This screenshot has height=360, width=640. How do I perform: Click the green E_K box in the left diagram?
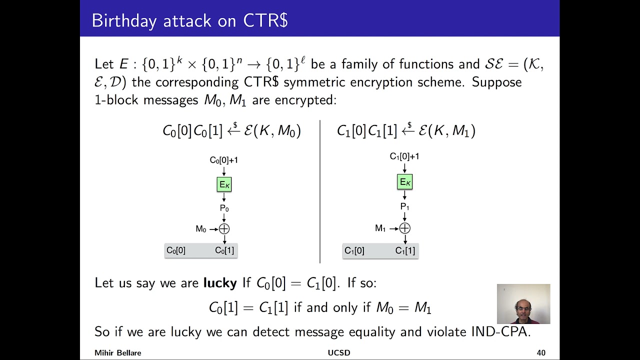point(224,184)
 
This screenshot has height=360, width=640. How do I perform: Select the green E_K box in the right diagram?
point(404,182)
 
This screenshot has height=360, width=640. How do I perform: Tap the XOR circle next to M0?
point(224,229)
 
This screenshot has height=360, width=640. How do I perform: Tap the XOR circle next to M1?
point(404,228)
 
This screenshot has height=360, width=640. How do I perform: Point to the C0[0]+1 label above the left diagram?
point(223,160)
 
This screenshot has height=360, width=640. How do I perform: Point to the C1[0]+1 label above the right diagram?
point(404,156)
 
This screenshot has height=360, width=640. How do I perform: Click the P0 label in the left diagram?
point(224,208)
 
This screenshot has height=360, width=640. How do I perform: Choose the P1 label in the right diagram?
point(404,206)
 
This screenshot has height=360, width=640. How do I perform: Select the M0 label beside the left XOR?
point(200,229)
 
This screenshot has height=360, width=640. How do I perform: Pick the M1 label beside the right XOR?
point(380,228)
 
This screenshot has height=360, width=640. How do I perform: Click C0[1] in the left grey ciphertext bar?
point(224,250)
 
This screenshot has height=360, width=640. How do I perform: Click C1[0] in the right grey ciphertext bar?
point(354,250)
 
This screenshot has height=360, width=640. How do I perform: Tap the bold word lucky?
point(219,283)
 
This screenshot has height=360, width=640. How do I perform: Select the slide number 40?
point(541,353)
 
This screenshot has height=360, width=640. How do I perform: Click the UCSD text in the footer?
point(338,353)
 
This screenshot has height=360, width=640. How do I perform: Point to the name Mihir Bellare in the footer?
point(118,353)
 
